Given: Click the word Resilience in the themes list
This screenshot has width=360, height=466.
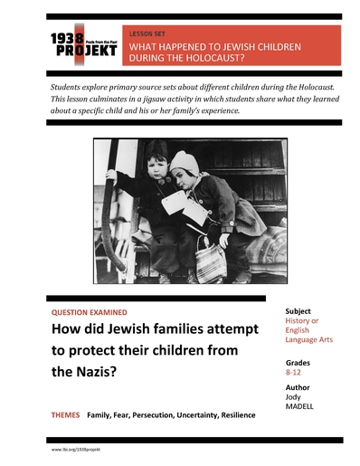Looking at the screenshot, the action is (232, 415).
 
